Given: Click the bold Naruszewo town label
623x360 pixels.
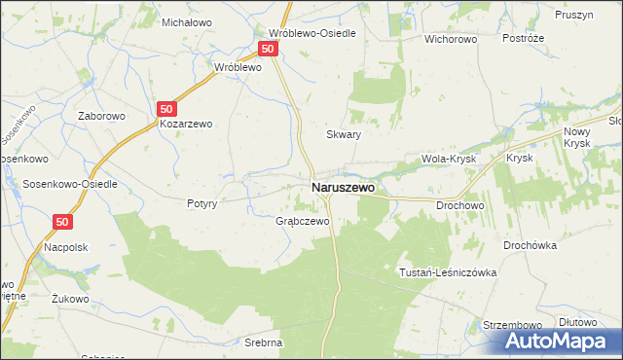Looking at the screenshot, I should pyautogui.click(x=342, y=187).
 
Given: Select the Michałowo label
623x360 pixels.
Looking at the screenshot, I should pyautogui.click(x=187, y=21).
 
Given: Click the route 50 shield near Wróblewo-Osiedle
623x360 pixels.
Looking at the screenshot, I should pyautogui.click(x=270, y=48).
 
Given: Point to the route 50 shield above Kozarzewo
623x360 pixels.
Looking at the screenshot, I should pyautogui.click(x=166, y=110).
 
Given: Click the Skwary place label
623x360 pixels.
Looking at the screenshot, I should pyautogui.click(x=344, y=135).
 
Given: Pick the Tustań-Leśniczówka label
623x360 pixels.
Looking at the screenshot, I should pyautogui.click(x=448, y=272).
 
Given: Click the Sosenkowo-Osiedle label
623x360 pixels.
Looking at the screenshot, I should pyautogui.click(x=58, y=184).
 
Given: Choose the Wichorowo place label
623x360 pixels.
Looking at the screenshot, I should pyautogui.click(x=449, y=40).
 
